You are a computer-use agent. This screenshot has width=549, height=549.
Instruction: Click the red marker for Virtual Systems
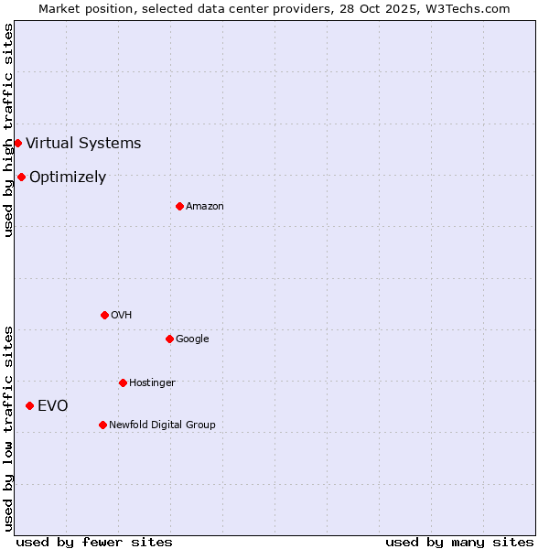click(x=17, y=143)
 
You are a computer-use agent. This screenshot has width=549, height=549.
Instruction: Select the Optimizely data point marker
click(x=21, y=177)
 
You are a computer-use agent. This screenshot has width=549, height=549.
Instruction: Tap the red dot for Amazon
click(x=179, y=206)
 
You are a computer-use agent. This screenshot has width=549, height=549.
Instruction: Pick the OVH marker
click(x=104, y=315)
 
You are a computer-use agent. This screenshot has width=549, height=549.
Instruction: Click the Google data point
click(x=169, y=339)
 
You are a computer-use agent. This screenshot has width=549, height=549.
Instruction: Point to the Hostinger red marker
click(x=123, y=382)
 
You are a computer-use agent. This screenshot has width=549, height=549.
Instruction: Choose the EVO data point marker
click(x=29, y=405)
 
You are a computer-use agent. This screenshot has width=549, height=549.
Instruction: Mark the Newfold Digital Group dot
click(x=102, y=425)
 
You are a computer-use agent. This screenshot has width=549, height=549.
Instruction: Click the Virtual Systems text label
click(x=83, y=143)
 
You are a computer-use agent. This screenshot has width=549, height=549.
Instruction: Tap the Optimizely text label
click(x=68, y=177)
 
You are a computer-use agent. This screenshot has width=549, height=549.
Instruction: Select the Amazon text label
click(x=205, y=206)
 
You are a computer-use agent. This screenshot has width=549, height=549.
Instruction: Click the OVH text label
click(x=122, y=315)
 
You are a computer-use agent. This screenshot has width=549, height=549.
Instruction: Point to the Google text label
click(x=192, y=339)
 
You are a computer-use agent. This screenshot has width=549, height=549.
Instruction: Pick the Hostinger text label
click(x=152, y=382)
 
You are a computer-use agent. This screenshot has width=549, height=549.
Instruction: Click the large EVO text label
click(x=52, y=405)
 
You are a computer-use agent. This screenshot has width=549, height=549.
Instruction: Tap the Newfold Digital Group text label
click(x=162, y=425)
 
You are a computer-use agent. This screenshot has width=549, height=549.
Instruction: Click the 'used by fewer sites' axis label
click(x=94, y=542)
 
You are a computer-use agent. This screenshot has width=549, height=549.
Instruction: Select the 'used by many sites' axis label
click(x=459, y=542)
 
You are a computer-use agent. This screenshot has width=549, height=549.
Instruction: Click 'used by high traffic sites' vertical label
click(x=8, y=130)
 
